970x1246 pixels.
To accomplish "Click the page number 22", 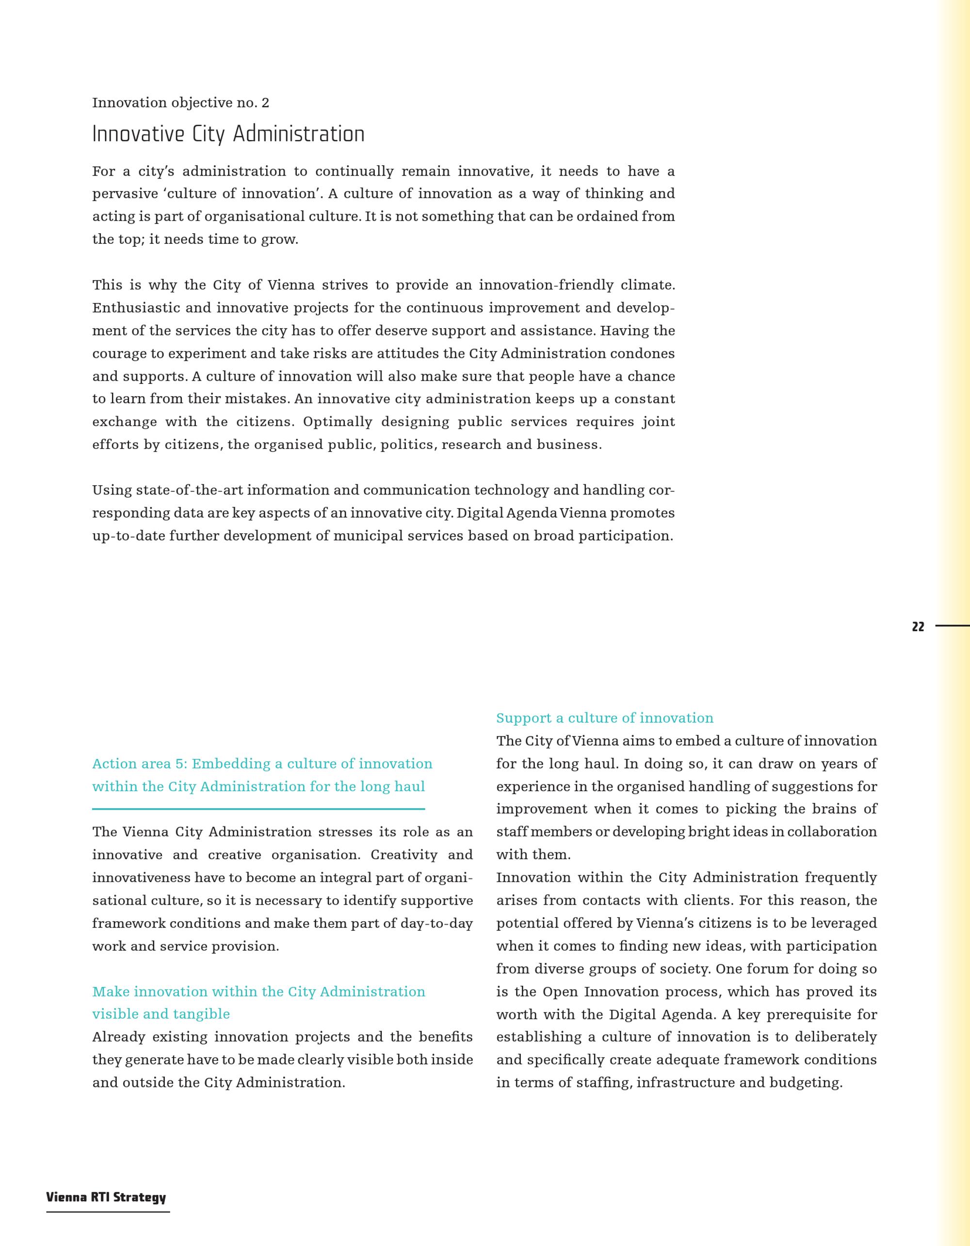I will tap(918, 626).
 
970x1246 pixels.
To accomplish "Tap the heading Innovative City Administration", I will tap(228, 135).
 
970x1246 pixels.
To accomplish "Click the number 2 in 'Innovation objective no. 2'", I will tap(265, 103).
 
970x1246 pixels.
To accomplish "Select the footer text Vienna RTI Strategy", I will tap(106, 1198).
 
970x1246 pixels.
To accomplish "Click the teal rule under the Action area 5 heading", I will tap(259, 809).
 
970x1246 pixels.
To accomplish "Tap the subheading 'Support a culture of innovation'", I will tap(604, 719).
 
